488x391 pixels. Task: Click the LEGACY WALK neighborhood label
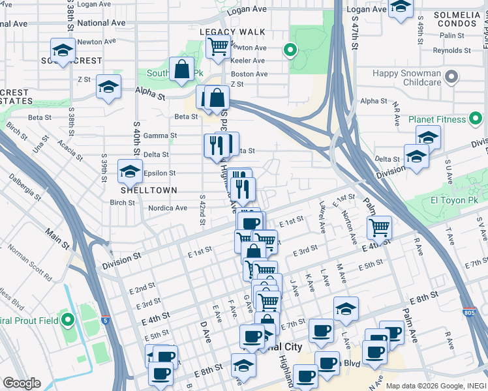(232, 31)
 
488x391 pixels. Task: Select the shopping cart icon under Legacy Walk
(217, 46)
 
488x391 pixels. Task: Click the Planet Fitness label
(436, 119)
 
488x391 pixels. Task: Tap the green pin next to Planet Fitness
(477, 119)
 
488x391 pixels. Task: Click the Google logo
(22, 383)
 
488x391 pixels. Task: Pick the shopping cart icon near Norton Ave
(379, 227)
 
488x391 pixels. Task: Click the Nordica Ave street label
(168, 209)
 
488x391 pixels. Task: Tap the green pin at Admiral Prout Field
(68, 319)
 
